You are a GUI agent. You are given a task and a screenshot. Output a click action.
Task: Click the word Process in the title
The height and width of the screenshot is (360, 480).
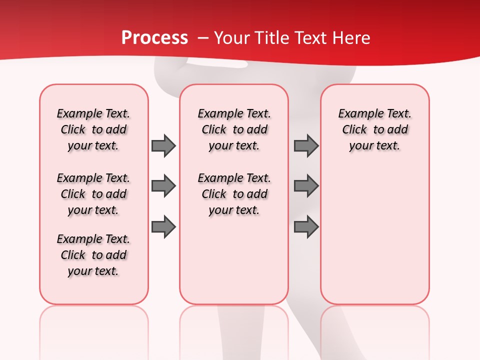click(154, 37)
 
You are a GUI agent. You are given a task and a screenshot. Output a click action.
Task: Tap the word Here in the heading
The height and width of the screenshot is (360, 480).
click(352, 37)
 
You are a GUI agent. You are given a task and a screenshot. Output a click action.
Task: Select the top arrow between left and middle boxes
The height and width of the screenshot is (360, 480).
click(163, 146)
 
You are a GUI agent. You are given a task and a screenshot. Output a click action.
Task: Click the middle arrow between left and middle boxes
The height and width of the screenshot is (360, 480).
click(163, 186)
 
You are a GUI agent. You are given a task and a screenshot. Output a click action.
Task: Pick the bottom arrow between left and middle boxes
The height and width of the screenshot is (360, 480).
click(163, 227)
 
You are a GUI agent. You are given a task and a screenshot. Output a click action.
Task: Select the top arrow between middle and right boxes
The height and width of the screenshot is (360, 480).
click(306, 146)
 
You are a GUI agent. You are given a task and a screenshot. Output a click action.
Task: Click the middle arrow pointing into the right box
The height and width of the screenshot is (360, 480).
click(306, 186)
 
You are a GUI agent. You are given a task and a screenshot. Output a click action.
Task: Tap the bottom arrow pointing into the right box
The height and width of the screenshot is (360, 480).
click(306, 227)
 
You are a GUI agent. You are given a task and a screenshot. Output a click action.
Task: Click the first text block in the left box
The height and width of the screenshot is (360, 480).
click(93, 129)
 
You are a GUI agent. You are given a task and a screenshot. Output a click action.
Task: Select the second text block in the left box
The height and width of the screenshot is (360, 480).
click(93, 194)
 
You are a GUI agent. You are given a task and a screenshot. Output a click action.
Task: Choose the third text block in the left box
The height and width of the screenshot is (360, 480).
click(93, 255)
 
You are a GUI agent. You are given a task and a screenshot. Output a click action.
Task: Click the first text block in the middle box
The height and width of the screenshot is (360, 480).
click(234, 129)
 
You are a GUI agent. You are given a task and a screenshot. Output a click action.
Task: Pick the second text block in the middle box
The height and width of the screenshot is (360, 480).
click(234, 194)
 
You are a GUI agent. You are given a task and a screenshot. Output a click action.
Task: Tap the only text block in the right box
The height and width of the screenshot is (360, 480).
click(375, 129)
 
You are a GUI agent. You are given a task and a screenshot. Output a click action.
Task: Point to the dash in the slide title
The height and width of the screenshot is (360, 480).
click(203, 37)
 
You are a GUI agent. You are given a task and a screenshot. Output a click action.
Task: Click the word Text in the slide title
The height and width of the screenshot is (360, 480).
click(305, 37)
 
